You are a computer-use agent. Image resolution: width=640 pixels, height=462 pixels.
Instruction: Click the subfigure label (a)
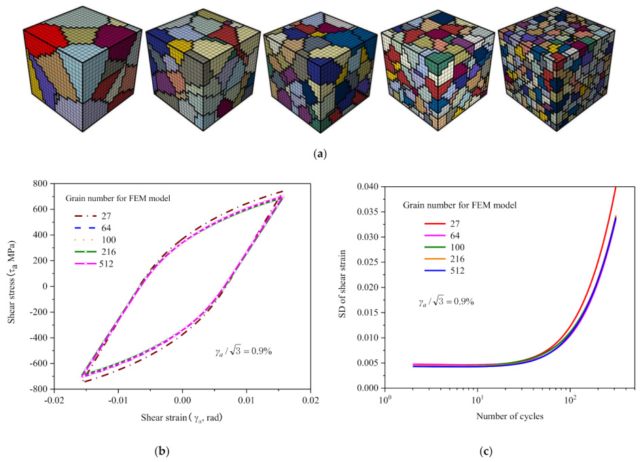click(x=319, y=154)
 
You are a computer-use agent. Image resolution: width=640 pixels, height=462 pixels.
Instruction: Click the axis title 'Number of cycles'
click(x=510, y=416)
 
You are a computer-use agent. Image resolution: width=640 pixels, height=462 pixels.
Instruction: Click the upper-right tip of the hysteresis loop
click(x=281, y=192)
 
